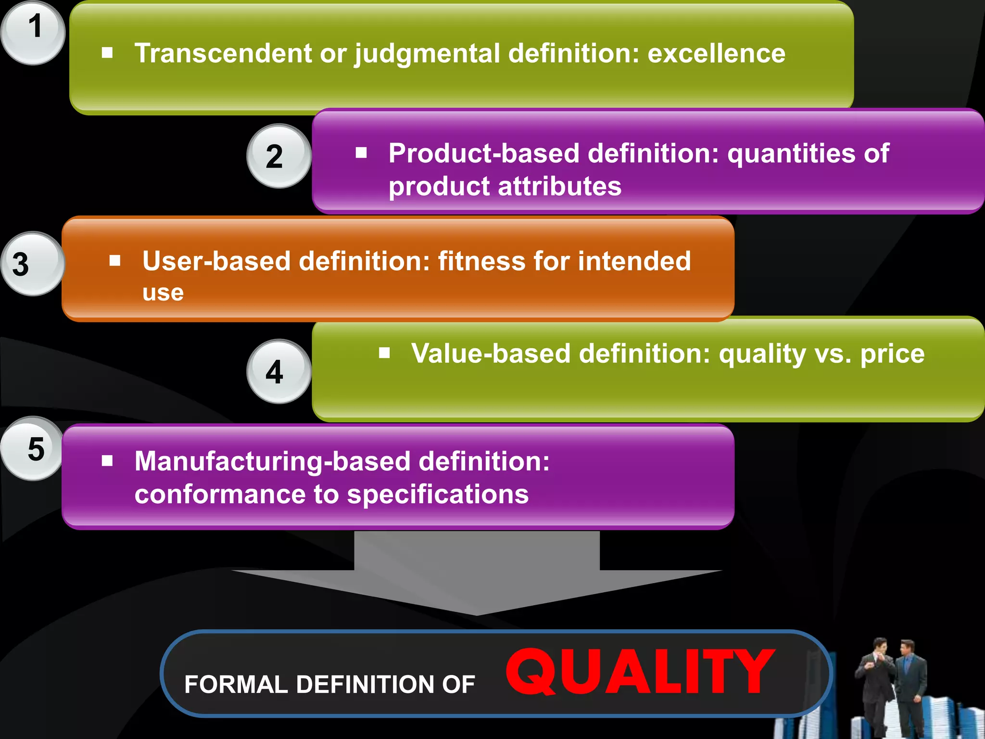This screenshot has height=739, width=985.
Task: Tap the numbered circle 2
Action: pyautogui.click(x=279, y=156)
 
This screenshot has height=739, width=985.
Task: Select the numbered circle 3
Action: pyautogui.click(x=32, y=264)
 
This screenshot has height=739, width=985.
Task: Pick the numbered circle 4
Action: pyautogui.click(x=279, y=371)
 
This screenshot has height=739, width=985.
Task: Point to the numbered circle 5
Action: pyautogui.click(x=32, y=448)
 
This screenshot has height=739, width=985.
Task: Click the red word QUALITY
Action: pyautogui.click(x=640, y=672)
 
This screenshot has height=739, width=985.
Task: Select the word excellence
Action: pyautogui.click(x=716, y=53)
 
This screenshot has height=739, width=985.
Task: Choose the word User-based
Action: pyautogui.click(x=216, y=262)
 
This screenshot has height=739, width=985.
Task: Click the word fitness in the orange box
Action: pyautogui.click(x=481, y=262)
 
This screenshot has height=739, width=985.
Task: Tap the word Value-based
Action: pyautogui.click(x=491, y=354)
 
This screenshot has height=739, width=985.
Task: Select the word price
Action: pyautogui.click(x=892, y=354)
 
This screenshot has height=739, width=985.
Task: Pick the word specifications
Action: pyautogui.click(x=438, y=495)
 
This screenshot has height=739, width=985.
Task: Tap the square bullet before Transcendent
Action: pyautogui.click(x=107, y=52)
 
